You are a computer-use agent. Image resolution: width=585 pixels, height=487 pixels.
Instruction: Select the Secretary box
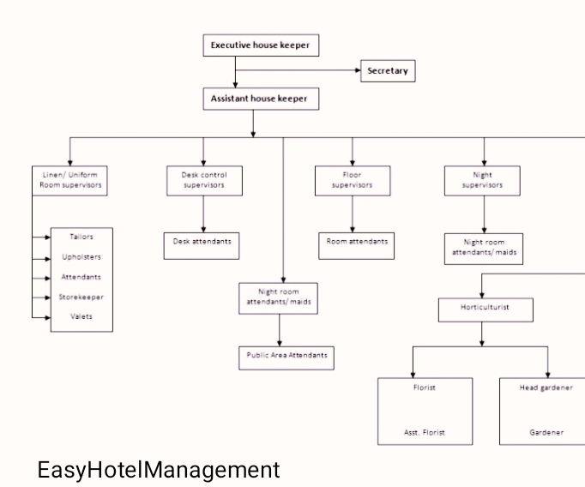click(x=387, y=72)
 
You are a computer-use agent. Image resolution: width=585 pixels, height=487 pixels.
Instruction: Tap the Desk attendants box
click(x=202, y=243)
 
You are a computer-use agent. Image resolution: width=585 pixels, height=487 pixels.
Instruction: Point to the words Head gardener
click(x=546, y=388)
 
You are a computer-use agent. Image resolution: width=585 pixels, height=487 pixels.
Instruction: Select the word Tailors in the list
click(x=81, y=237)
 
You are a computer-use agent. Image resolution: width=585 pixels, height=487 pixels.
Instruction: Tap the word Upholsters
click(x=81, y=257)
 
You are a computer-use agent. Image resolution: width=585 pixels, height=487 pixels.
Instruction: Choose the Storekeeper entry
click(x=81, y=297)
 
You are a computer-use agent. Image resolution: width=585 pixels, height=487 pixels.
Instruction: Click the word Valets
click(x=81, y=317)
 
